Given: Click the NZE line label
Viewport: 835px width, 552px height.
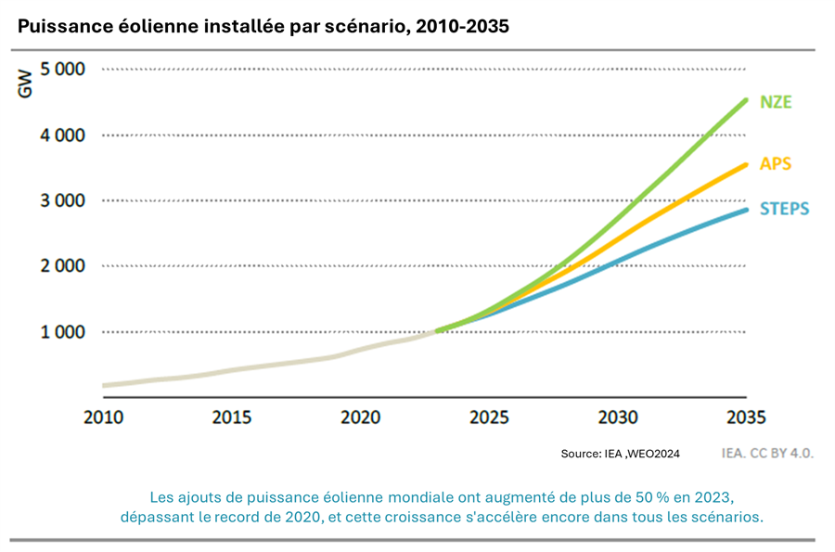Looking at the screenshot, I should click(x=776, y=102).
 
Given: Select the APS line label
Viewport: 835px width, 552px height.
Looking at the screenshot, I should click(x=775, y=164).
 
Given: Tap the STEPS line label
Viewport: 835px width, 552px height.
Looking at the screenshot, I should click(x=784, y=209).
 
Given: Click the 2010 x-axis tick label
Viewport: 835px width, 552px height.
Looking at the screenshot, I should click(x=103, y=417).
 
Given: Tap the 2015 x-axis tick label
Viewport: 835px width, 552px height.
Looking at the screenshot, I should click(x=232, y=417).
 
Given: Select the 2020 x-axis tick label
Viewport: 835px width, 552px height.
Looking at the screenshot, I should click(x=360, y=417).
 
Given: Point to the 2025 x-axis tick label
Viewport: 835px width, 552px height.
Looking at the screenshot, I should click(x=489, y=417).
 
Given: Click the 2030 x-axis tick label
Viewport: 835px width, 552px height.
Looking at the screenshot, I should click(x=618, y=417).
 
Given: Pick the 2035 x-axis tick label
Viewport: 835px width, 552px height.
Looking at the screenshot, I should click(x=746, y=417).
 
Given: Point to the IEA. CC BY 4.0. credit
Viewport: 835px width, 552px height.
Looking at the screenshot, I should click(x=767, y=454).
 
